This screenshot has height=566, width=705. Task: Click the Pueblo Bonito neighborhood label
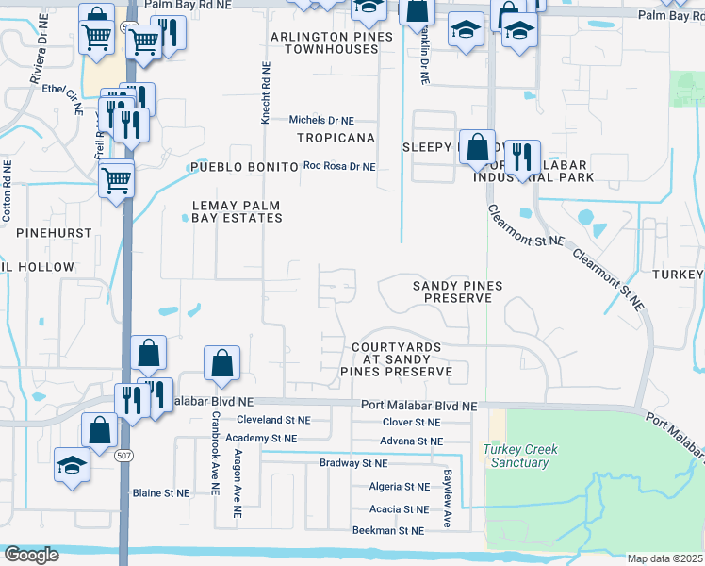pyautogui.click(x=244, y=167)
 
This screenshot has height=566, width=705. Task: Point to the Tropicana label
pyautogui.click(x=336, y=138)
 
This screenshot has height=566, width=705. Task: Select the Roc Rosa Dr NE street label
pyautogui.click(x=338, y=167)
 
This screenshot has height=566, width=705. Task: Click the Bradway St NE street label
pyautogui.click(x=353, y=464)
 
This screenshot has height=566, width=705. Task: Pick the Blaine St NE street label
pyautogui.click(x=160, y=493)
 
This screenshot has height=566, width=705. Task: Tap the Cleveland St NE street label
pyautogui.click(x=272, y=420)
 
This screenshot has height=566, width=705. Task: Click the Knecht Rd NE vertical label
pyautogui.click(x=266, y=93)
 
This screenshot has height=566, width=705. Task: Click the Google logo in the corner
pyautogui.click(x=30, y=555)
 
